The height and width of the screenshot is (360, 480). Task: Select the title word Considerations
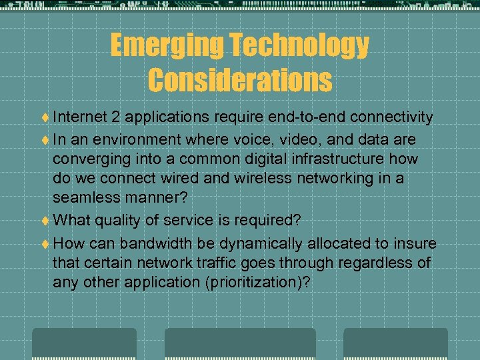click(x=240, y=80)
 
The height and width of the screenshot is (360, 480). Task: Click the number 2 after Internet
click(x=116, y=118)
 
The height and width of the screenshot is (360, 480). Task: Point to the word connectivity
click(x=391, y=118)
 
